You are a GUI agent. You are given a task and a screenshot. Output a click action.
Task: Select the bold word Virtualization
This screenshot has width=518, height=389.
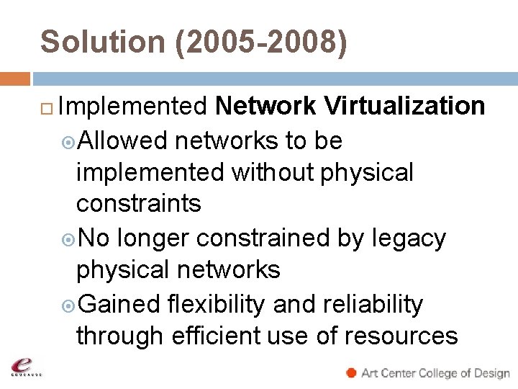[404, 107]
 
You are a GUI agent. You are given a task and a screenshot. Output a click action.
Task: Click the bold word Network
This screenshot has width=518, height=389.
[265, 107]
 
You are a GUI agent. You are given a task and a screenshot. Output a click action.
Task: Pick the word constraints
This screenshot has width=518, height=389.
[139, 204]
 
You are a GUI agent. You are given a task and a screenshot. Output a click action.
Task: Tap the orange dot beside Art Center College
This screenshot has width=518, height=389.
[351, 372]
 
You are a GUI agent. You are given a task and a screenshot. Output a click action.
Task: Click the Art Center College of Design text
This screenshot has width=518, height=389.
[435, 373]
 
